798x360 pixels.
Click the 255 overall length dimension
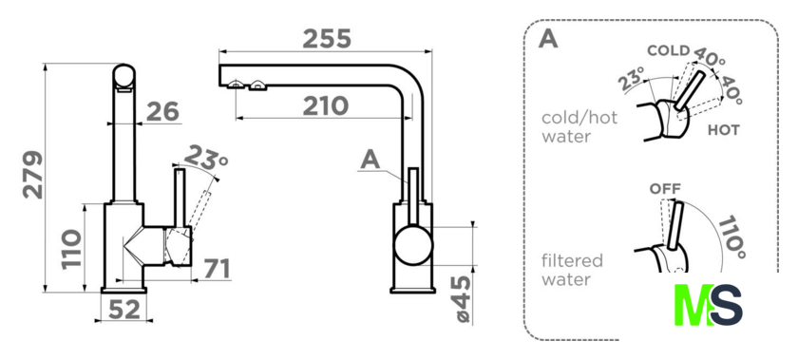tap(327, 39)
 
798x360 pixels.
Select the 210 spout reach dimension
tap(326, 106)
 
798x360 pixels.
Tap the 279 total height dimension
tap(33, 175)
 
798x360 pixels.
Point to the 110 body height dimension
tap(71, 250)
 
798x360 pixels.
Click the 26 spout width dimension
tap(162, 111)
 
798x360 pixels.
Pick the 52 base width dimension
tap(124, 309)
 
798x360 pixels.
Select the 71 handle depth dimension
tap(218, 269)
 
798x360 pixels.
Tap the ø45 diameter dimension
tap(463, 299)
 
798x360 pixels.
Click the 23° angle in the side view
tap(205, 157)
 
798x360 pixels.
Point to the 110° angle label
tap(731, 237)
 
